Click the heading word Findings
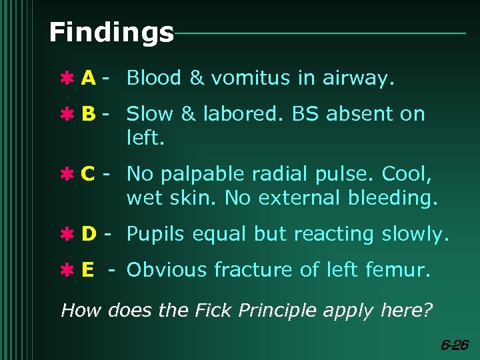(x=111, y=32)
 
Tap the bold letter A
(x=88, y=79)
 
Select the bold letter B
(x=88, y=115)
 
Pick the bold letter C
(x=87, y=175)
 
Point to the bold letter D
(x=88, y=234)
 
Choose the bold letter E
(x=87, y=270)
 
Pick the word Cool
(x=407, y=175)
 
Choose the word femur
(x=399, y=270)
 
